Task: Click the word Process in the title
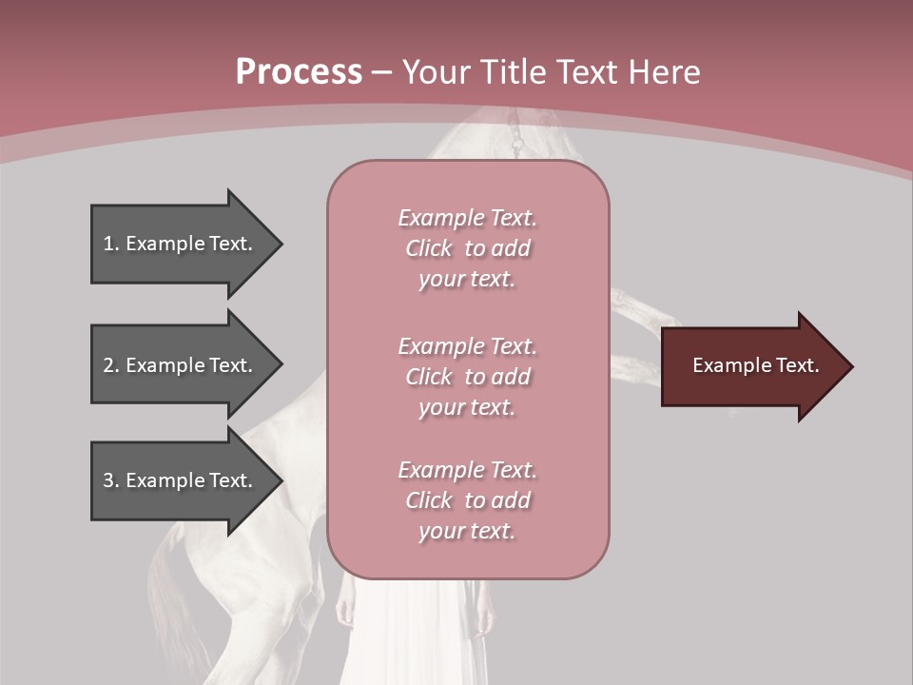tap(299, 72)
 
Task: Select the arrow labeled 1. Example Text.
tap(181, 244)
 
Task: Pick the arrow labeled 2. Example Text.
tap(181, 365)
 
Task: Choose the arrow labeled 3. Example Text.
tap(181, 480)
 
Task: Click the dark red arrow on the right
tap(751, 365)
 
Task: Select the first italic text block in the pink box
tap(467, 248)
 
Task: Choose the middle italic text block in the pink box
tap(467, 376)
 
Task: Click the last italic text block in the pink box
tap(467, 500)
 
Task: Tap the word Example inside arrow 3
tap(165, 480)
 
